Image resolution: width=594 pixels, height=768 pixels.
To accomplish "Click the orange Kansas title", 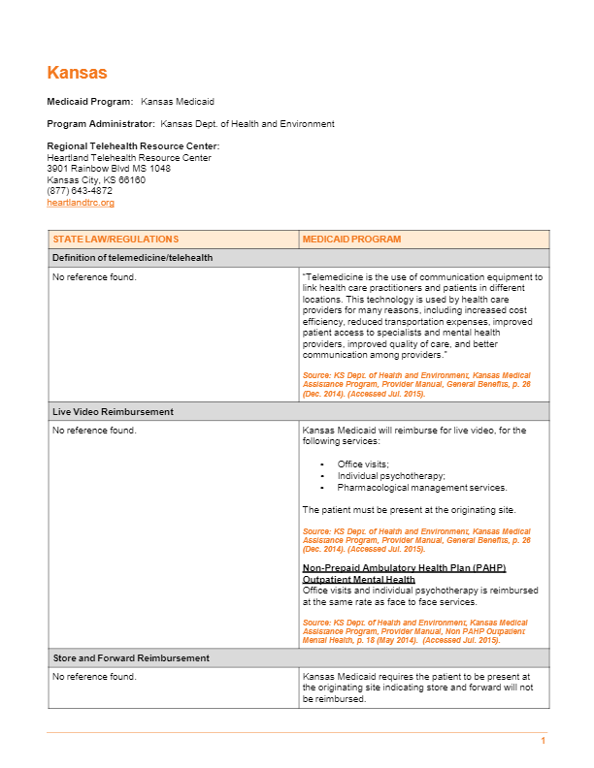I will (x=77, y=73).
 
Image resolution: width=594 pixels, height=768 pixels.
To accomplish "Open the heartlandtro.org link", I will (x=81, y=203).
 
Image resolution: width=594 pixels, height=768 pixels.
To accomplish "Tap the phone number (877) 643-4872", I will (x=80, y=191).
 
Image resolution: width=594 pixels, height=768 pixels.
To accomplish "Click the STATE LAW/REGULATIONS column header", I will (x=115, y=240).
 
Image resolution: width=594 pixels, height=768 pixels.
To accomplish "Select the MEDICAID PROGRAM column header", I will (x=351, y=240).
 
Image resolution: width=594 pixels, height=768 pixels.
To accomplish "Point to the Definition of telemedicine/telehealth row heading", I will (x=132, y=258).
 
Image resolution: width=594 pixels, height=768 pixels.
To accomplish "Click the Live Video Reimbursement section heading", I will (x=113, y=412).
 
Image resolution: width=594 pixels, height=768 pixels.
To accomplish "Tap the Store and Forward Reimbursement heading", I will (x=131, y=658).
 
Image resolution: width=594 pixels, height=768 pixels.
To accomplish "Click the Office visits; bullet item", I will (x=363, y=464).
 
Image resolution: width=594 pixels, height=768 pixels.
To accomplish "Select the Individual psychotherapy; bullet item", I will (x=391, y=476).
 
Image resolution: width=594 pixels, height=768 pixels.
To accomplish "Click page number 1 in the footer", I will (x=544, y=742).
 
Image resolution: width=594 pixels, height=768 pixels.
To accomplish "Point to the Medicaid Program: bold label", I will (x=89, y=102).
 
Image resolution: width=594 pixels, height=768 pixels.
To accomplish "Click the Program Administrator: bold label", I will (x=101, y=124).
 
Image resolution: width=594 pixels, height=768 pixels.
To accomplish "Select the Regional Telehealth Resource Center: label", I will (x=126, y=146).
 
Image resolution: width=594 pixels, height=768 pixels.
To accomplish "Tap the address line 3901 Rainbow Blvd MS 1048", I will (x=109, y=169).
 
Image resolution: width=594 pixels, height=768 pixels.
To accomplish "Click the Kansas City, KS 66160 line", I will (x=96, y=179).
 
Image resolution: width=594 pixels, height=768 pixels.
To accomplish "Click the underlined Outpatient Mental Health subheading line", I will (x=358, y=579).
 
